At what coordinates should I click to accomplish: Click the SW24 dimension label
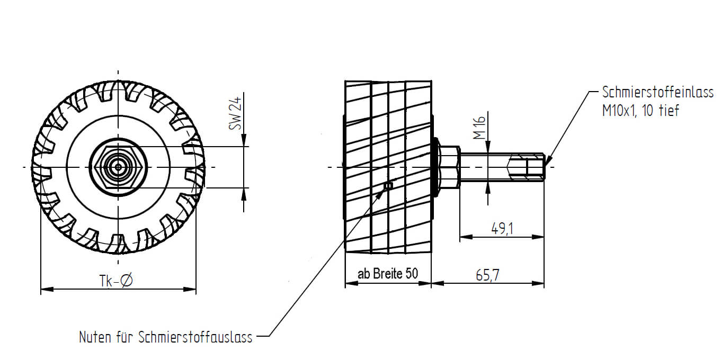click(235, 113)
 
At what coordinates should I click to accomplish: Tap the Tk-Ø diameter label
click(116, 281)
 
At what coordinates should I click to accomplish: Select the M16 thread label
click(479, 128)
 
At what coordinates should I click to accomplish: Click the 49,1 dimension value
click(502, 229)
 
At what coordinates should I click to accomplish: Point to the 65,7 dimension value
click(487, 275)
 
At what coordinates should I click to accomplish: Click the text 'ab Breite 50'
click(388, 274)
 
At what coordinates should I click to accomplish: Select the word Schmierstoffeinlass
click(658, 92)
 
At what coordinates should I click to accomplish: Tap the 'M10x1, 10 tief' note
click(641, 111)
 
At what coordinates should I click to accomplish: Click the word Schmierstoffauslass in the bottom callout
click(195, 337)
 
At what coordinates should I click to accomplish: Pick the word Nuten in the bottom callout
click(95, 337)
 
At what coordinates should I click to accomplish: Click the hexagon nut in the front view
click(118, 167)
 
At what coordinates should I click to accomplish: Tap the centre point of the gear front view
click(118, 167)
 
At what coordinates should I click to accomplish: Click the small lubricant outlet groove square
click(389, 186)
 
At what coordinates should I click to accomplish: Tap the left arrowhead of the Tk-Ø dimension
click(47, 289)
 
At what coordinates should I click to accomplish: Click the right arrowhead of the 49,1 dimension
click(538, 237)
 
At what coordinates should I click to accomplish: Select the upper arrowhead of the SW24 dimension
click(244, 140)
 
